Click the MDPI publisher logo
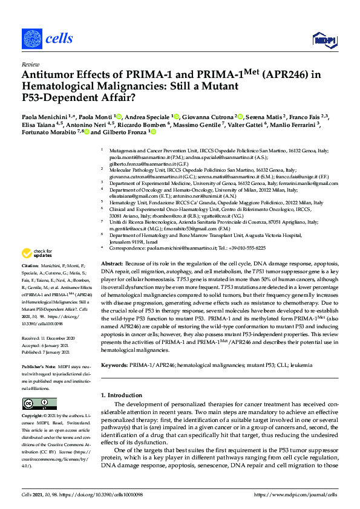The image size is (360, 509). [x=322, y=41]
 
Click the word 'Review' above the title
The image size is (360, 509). [x=29, y=63]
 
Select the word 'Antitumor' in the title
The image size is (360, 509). [x=49, y=74]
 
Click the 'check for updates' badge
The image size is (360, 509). [x=38, y=270]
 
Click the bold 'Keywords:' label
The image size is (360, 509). [x=114, y=365]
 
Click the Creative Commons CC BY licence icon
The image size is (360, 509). [x=31, y=403]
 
